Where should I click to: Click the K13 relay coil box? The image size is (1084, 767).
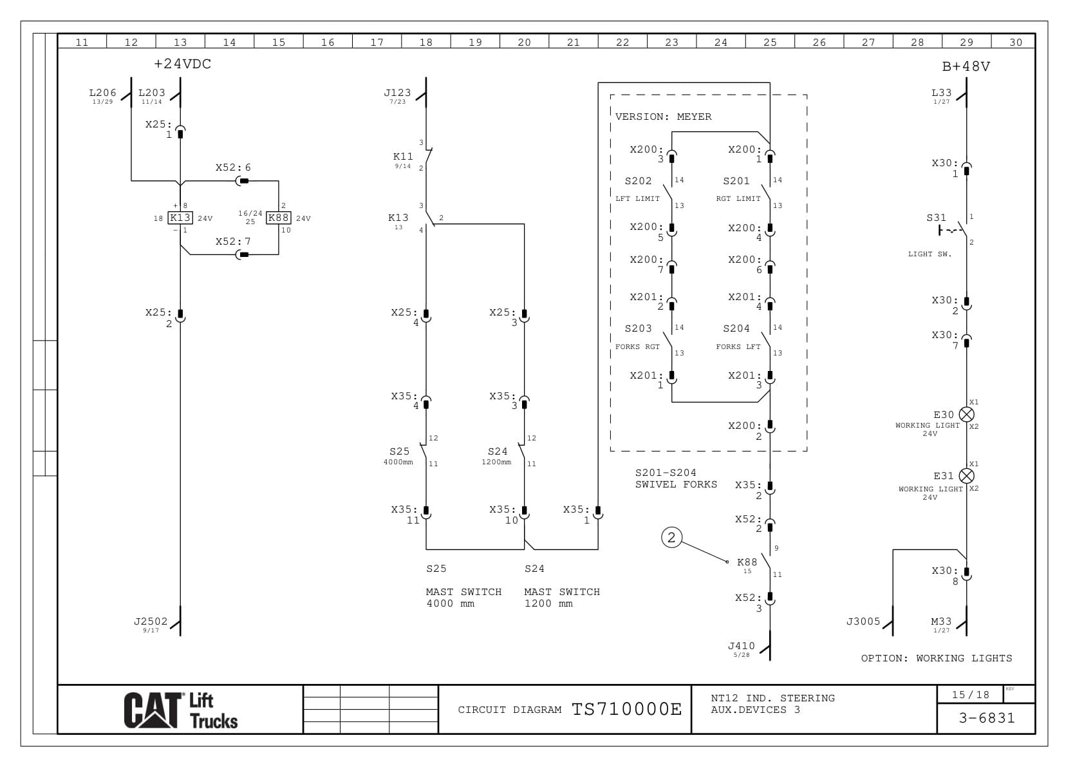180,218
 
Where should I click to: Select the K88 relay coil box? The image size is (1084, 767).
278,218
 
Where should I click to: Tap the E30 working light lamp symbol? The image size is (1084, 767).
966,414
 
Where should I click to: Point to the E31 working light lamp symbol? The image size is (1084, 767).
966,476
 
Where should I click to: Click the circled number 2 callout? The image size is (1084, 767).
671,537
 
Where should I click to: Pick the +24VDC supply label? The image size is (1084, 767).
183,64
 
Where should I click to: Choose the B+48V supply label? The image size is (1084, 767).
966,66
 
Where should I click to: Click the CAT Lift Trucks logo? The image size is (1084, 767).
181,710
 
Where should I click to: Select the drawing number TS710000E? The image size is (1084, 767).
626,709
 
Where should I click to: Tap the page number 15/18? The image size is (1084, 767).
971,695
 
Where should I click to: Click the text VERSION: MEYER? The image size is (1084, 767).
663,117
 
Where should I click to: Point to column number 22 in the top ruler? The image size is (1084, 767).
622,43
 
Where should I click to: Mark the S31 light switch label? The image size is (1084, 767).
936,218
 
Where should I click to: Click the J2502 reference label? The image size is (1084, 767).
151,621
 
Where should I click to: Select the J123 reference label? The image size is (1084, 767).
397,93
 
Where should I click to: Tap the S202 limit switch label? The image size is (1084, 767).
638,181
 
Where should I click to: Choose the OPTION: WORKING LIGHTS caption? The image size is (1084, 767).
936,658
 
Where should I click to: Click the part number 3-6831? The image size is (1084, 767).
986,718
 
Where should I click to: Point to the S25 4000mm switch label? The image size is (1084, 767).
399,451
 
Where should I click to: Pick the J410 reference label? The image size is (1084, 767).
741,646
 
